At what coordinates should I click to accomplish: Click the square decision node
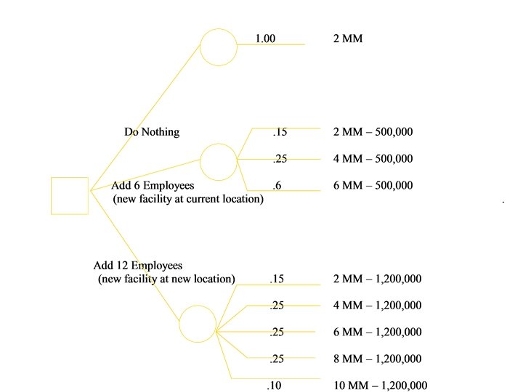pos(70,195)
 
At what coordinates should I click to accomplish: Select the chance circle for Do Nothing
pos(219,47)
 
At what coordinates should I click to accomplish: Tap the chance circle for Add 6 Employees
pos(218,161)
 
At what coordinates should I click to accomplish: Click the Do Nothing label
pos(152,132)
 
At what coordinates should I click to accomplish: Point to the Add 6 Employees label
pos(153,186)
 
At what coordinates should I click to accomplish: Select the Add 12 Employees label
pos(138,266)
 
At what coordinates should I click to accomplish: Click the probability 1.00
pos(265,38)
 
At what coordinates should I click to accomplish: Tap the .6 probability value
pos(277,186)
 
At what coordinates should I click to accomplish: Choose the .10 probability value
pos(274,385)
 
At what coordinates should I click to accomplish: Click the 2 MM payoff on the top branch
pos(347,38)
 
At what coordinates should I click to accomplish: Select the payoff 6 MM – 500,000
pos(373,186)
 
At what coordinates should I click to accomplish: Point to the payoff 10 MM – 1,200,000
pos(380,385)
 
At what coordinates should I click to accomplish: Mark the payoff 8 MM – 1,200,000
pos(377,359)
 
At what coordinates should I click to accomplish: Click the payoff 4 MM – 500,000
pos(373,159)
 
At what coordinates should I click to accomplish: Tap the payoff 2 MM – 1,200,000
pos(377,279)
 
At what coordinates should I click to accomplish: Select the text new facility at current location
pos(188,199)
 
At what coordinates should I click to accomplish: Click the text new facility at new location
pos(166,279)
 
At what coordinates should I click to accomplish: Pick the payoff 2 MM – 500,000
pos(373,132)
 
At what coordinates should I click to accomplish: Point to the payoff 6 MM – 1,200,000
pos(377,332)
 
